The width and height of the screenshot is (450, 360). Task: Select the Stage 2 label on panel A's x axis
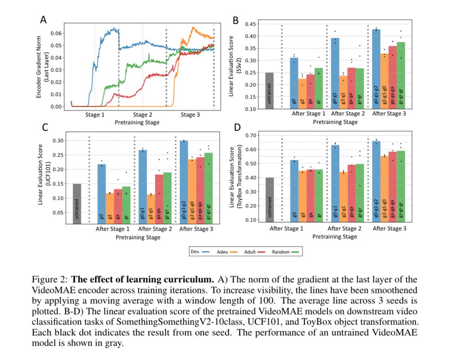(x=143, y=115)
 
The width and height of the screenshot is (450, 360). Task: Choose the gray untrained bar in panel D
(x=270, y=199)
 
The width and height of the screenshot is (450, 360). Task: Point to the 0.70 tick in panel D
(x=250, y=135)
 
